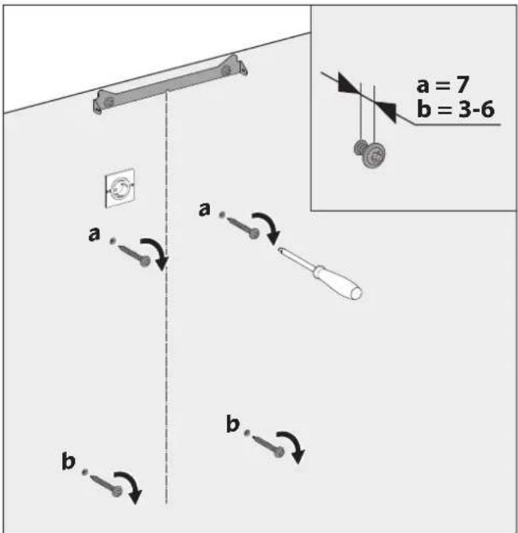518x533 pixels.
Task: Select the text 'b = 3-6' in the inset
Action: pos(457,110)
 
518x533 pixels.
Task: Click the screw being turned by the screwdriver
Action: pos(243,227)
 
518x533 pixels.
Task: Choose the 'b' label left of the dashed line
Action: pos(68,461)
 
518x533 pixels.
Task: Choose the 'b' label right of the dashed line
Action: pos(232,425)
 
